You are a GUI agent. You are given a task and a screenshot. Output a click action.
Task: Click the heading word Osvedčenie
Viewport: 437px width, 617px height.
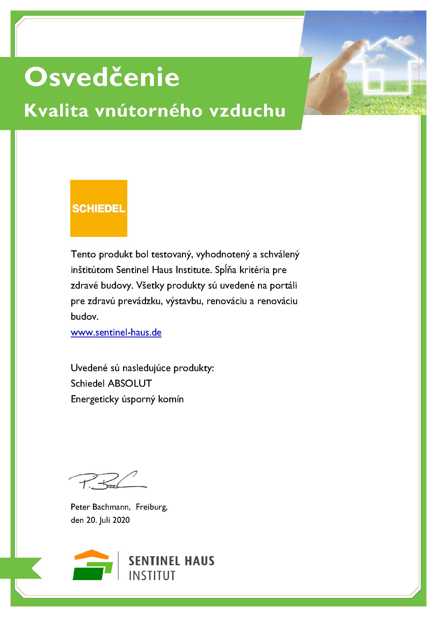pyautogui.click(x=102, y=78)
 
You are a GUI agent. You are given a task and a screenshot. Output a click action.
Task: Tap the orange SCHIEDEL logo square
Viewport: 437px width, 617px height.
pyautogui.click(x=98, y=208)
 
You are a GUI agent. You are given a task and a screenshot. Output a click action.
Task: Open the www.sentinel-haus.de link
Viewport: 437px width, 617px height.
pyautogui.click(x=116, y=333)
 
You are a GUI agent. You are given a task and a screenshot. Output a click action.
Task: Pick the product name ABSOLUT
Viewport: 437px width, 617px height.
pyautogui.click(x=130, y=383)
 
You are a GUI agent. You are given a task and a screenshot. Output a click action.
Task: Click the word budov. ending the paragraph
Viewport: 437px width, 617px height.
pyautogui.click(x=84, y=317)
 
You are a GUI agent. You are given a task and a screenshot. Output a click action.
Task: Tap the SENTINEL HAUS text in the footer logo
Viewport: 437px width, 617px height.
pyautogui.click(x=171, y=561)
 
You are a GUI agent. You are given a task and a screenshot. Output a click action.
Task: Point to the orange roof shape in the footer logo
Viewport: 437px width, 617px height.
pyautogui.click(x=91, y=555)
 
